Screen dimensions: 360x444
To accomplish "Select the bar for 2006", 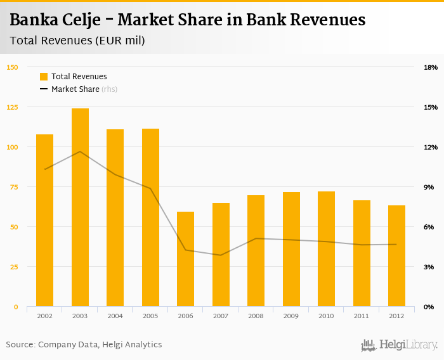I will tap(186, 259).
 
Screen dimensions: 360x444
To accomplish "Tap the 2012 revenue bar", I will tap(396, 256).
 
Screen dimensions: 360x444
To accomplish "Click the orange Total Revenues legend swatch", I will tap(44, 77).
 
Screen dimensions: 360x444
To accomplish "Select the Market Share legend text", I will tap(75, 89).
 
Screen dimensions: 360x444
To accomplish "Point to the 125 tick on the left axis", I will tap(13, 107).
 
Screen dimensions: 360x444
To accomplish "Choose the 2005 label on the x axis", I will tap(150, 316).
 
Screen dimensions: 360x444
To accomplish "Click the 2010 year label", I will tap(326, 316).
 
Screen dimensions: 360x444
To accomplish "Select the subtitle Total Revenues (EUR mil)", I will tap(77, 41).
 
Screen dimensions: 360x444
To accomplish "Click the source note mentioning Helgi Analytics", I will tap(84, 345).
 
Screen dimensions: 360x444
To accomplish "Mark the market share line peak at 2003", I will tap(80, 151).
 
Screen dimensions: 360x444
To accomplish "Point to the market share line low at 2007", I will tap(221, 255).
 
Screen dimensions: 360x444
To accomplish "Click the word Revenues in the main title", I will tap(328, 20).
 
